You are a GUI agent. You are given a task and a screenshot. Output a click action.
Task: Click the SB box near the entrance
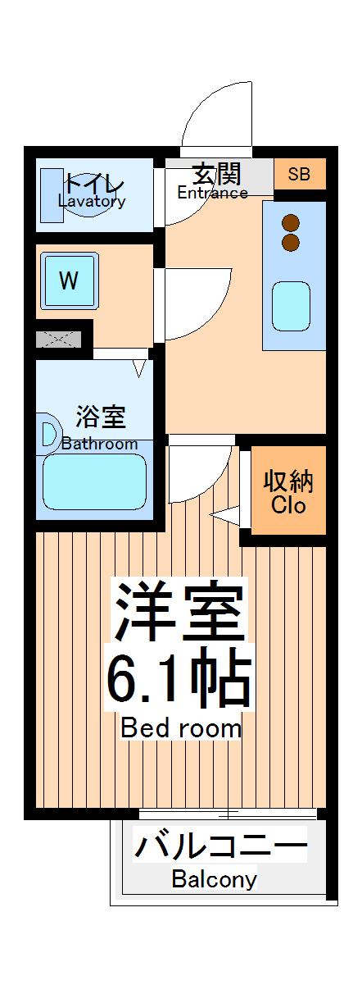299,174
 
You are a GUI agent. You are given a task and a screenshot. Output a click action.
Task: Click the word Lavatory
92,202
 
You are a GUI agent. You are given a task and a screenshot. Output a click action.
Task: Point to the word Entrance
212,194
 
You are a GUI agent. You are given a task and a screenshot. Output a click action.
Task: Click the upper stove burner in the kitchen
290,222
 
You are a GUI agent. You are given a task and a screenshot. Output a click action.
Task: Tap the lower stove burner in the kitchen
290,242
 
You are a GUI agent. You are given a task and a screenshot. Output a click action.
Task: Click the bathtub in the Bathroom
94,482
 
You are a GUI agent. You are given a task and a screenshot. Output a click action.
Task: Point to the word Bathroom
100,445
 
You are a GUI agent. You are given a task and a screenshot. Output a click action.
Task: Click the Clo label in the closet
288,505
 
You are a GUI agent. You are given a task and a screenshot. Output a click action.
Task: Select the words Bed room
181,727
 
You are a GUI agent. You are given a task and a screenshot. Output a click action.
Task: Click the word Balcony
214,880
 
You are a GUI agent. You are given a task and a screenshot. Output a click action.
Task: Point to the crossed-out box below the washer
59,338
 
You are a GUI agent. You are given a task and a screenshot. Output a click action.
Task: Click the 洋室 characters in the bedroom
179,613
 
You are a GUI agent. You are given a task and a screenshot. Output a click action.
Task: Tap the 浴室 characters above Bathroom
101,417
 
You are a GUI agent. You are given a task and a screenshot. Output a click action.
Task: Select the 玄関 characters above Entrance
216,174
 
